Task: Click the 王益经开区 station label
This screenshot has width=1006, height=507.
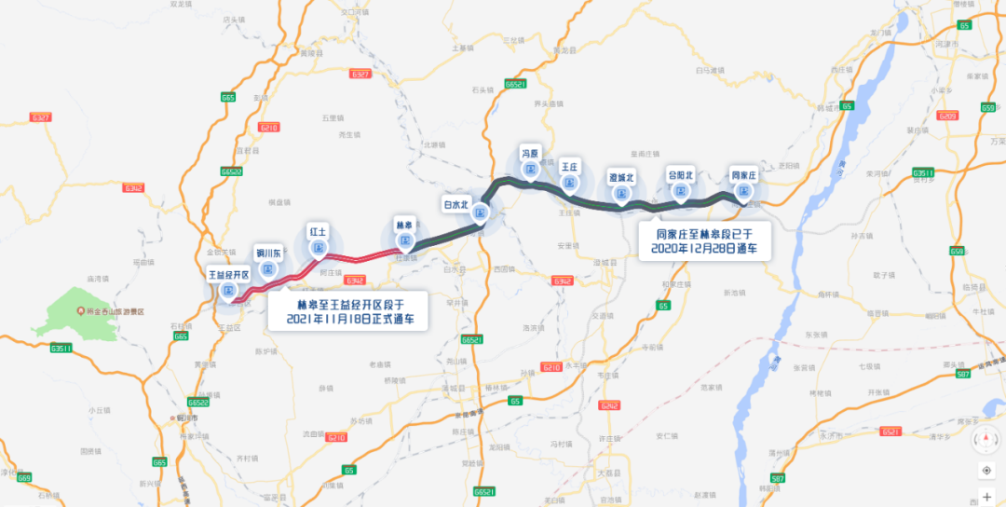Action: [229, 276]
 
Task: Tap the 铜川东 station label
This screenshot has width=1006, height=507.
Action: [268, 252]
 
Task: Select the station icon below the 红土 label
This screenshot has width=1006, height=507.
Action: [319, 248]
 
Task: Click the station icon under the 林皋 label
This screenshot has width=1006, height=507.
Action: [404, 240]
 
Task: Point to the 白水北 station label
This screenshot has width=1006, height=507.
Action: [456, 203]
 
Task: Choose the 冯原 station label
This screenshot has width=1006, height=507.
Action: [531, 153]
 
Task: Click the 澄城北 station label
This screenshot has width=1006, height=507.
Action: [621, 178]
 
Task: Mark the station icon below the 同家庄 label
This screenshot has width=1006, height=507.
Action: [743, 191]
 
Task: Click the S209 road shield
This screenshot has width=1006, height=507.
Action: [947, 116]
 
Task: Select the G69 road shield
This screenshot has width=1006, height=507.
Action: [24, 478]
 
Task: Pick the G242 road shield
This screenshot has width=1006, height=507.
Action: [610, 405]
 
